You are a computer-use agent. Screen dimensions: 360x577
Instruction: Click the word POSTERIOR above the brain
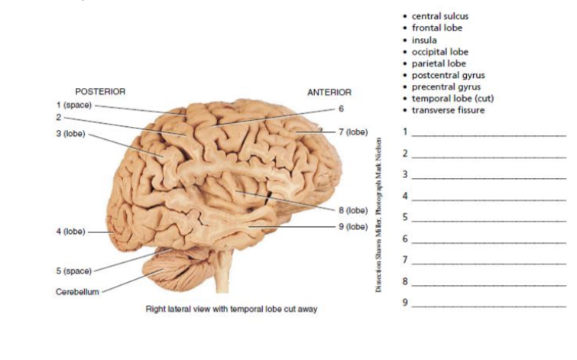point(100,92)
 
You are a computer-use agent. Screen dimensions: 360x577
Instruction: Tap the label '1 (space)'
point(73,104)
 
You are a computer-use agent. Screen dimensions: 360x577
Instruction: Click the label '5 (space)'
point(73,271)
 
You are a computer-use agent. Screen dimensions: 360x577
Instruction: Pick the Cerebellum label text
point(76,292)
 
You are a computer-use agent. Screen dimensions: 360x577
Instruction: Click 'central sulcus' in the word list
point(439,16)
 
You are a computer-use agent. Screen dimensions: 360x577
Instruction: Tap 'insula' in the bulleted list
point(424,40)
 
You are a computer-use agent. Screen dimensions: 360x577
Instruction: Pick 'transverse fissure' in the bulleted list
point(448,110)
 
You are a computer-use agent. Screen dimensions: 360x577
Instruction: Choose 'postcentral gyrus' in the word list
point(448,75)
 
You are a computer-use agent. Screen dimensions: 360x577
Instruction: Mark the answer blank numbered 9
point(489,303)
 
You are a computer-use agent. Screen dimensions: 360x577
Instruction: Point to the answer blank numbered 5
point(489,218)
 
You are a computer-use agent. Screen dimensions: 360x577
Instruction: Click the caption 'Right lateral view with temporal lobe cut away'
point(231,310)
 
